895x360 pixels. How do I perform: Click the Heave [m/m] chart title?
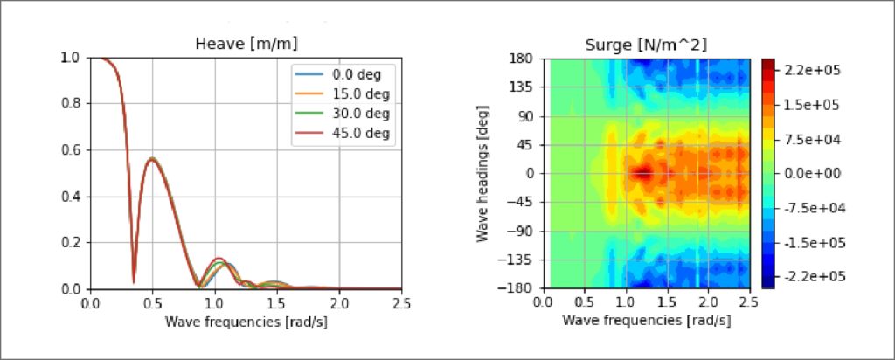[246, 45]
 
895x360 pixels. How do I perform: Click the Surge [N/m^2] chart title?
[645, 45]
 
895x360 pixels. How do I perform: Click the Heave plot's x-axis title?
[246, 320]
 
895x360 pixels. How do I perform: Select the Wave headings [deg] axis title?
[483, 173]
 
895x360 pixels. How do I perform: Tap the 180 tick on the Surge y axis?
[523, 59]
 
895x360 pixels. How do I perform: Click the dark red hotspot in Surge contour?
[642, 173]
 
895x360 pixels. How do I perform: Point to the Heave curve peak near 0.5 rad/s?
[152, 159]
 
